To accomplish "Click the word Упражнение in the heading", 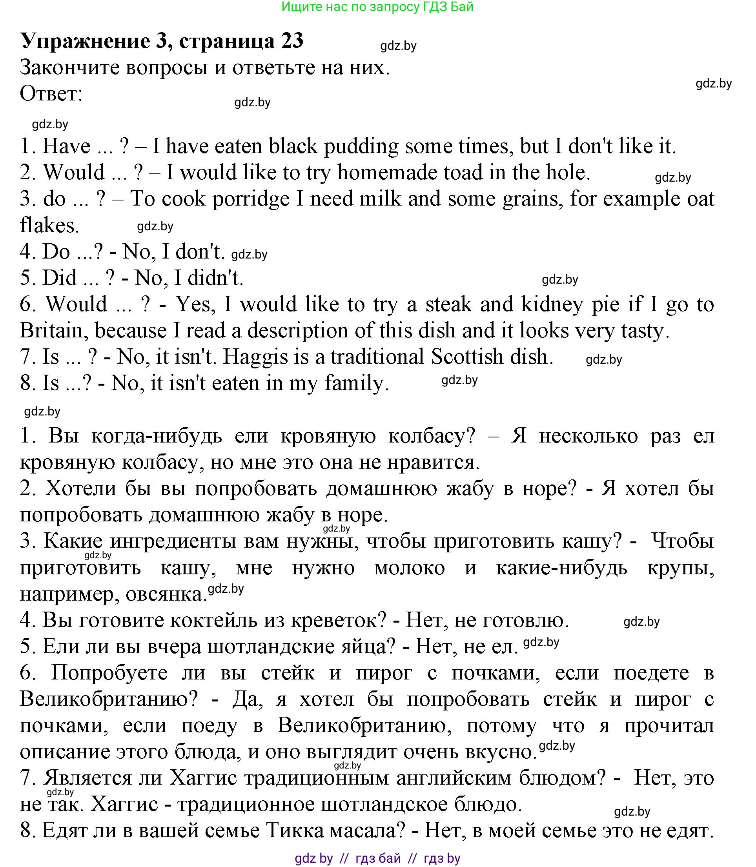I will [85, 42].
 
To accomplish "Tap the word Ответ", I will [51, 94].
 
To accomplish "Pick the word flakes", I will [49, 225].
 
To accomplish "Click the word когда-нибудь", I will [157, 436].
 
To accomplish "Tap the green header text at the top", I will [377, 7].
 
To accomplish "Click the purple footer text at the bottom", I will [377, 858].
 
